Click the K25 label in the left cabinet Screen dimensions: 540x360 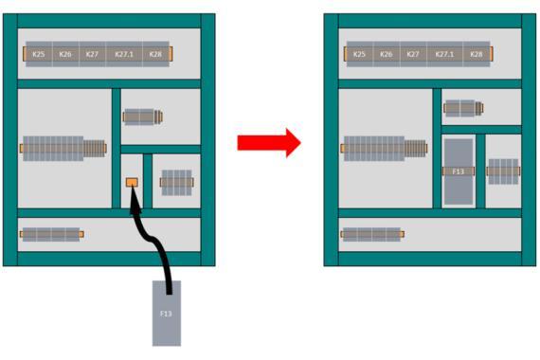[39, 54]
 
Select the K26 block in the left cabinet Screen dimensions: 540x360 [65, 54]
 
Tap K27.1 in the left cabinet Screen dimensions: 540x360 [124, 54]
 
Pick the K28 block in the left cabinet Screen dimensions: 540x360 [155, 54]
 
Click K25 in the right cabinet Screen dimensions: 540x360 [360, 54]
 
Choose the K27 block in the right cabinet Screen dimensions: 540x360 [413, 54]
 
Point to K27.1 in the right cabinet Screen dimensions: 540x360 [444, 54]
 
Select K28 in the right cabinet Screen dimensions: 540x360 [477, 54]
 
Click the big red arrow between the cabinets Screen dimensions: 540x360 [269, 143]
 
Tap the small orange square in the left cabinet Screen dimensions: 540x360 [132, 182]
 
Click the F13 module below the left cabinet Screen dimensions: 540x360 [167, 314]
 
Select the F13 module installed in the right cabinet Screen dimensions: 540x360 [459, 171]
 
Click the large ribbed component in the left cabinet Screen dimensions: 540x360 [63, 149]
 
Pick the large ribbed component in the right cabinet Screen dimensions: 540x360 [385, 149]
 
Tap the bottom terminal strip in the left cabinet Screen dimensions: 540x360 [52, 234]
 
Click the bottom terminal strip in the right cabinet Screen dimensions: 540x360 [372, 234]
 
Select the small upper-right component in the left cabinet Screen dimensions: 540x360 [142, 117]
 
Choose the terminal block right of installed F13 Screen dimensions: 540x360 [503, 171]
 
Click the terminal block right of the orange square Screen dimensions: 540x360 [176, 183]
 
